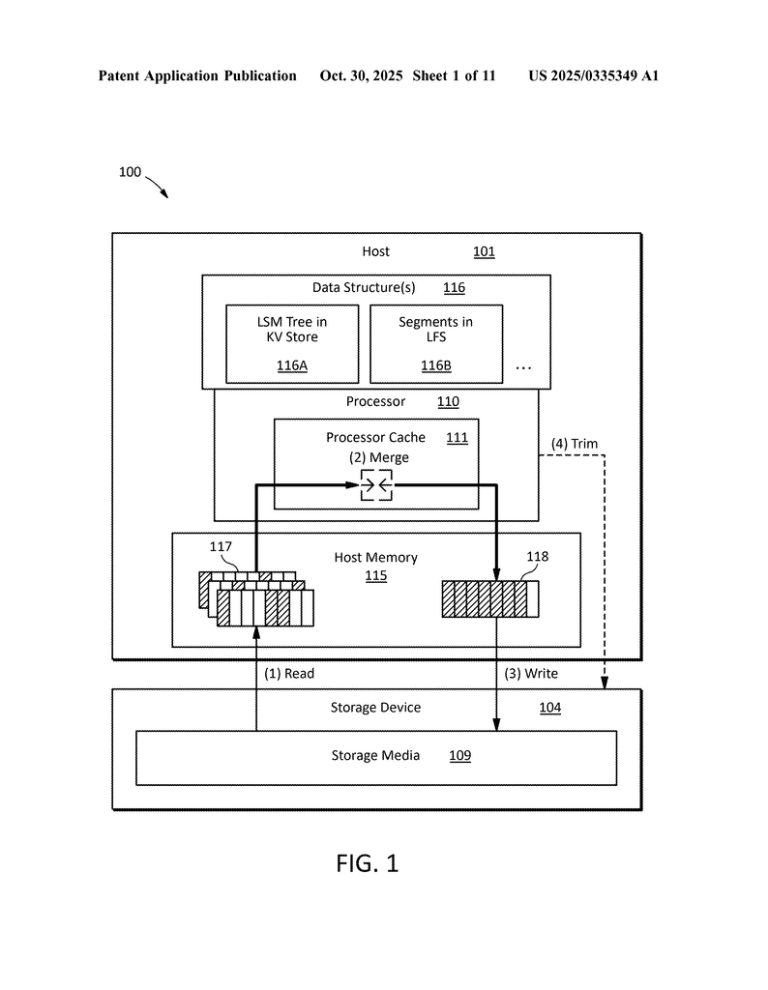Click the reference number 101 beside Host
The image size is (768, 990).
click(484, 252)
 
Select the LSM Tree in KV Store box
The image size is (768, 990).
click(292, 343)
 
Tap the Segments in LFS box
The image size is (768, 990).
click(435, 343)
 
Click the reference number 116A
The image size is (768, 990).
click(292, 365)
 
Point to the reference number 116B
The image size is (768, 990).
click(435, 365)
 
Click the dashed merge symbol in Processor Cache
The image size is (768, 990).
click(376, 485)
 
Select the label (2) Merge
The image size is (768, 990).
click(379, 457)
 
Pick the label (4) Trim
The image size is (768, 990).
click(575, 444)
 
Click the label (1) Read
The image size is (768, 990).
click(289, 674)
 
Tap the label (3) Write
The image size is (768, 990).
click(531, 674)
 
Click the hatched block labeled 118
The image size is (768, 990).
click(489, 598)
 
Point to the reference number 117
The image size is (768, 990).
click(221, 548)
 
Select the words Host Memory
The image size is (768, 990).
click(376, 558)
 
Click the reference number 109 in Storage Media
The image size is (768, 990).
click(459, 756)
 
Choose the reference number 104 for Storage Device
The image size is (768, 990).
click(549, 708)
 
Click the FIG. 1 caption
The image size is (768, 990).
click(368, 863)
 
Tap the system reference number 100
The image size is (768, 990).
click(130, 172)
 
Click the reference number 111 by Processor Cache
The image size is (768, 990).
click(457, 438)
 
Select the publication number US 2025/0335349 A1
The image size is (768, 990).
click(593, 75)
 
